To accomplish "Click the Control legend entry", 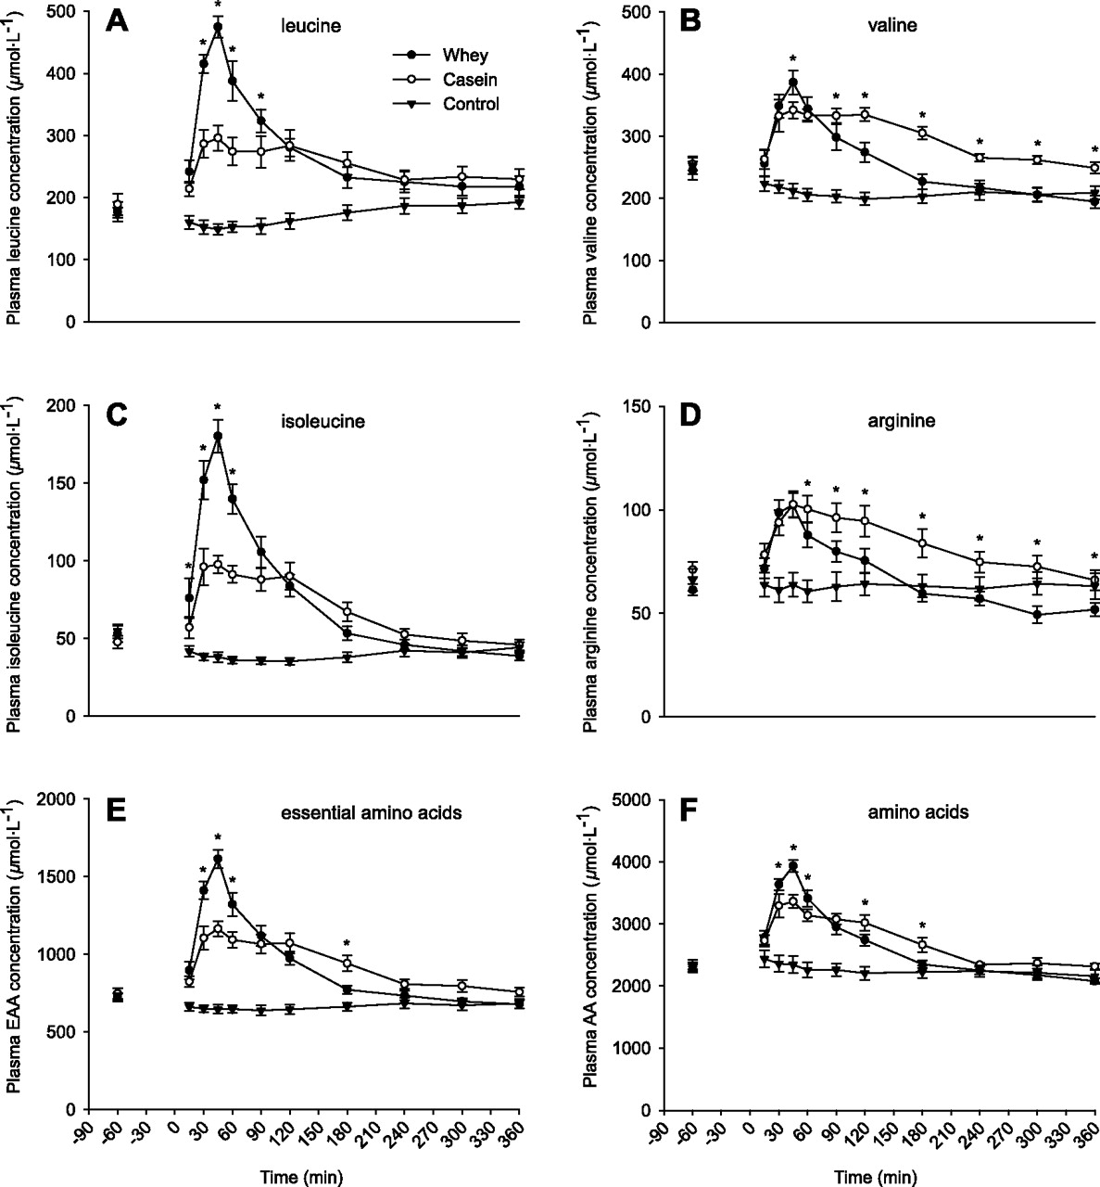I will point(473,104).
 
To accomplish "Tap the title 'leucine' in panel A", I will point(311,26).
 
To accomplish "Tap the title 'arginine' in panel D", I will point(888,420).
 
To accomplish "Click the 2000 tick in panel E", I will point(59,799).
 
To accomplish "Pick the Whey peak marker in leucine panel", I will point(218,27).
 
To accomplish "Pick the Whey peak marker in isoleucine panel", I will point(218,436).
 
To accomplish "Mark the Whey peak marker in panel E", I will point(218,859).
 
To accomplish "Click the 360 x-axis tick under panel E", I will point(514,1137).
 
